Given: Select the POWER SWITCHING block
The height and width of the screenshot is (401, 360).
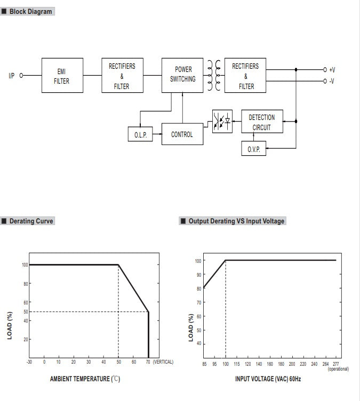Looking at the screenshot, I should pos(182,75).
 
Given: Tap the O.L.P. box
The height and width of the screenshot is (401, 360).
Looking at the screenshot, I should pos(140,135).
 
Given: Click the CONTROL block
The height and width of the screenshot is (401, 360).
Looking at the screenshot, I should pos(182,134).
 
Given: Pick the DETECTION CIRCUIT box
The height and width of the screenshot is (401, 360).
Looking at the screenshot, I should pos(261,122).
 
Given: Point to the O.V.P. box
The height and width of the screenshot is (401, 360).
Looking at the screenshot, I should pos(253,149).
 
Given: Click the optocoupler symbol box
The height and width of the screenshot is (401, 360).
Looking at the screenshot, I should pos(222,122).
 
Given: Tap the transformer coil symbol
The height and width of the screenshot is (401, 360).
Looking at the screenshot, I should pos(213,75).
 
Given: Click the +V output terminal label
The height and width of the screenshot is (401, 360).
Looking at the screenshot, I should pos(332,70).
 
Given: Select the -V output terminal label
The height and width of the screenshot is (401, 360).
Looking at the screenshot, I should pos(332,81).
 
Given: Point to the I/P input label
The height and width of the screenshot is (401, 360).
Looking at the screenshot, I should pos(12,76).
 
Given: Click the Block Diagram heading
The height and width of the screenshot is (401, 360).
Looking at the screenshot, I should pos(30,11).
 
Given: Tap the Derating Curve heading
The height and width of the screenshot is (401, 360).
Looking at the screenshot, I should pos(31,221).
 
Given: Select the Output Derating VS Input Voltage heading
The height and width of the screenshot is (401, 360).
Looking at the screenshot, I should pos(236,221).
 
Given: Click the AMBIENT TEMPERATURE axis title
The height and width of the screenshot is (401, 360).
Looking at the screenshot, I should pos(85,379).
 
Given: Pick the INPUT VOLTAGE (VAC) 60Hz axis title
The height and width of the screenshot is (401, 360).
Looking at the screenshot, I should pos(268,379).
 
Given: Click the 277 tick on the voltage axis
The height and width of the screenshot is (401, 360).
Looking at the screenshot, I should pos(336,364).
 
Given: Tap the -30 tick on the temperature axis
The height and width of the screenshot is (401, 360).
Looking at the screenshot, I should pos(29,362).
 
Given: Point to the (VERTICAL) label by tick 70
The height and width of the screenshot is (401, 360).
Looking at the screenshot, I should pos(163,362).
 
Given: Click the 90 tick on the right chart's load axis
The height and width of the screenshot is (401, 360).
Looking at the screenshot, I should pos(198,275).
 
